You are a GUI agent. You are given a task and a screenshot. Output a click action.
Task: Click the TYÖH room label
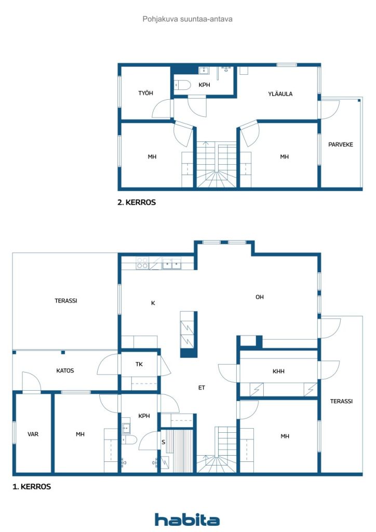coord(145,93)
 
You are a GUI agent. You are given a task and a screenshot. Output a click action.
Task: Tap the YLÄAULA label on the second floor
coord(280,94)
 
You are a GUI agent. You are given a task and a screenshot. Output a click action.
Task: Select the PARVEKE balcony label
coord(340,144)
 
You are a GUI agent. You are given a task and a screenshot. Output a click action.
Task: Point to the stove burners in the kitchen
coord(142,263)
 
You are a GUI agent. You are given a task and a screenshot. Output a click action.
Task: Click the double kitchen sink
coord(171,263)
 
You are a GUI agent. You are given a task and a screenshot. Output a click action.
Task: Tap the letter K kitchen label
coord(153,303)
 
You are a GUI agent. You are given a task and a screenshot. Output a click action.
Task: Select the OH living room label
coord(259,297)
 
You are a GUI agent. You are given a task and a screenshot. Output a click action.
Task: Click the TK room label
coord(139,364)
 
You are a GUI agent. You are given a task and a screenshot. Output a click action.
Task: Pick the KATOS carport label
coord(65,371)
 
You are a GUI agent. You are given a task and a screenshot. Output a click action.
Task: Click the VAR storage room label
coord(33,434)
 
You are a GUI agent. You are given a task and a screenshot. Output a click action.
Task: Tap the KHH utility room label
coord(278,371)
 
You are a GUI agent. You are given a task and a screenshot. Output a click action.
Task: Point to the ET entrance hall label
coord(202,388)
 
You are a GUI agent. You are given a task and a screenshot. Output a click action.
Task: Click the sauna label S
coord(164,442)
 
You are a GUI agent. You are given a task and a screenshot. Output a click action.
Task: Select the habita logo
coord(187,520)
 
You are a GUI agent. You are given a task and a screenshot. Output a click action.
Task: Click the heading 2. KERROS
coord(137,203)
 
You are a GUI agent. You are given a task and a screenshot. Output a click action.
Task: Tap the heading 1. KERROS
coord(32,487)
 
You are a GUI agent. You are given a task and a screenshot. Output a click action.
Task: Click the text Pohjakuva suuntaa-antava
coord(187,19)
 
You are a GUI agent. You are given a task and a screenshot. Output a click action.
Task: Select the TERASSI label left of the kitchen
coord(66,301)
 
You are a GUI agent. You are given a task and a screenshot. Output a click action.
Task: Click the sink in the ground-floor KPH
coord(126,429)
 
